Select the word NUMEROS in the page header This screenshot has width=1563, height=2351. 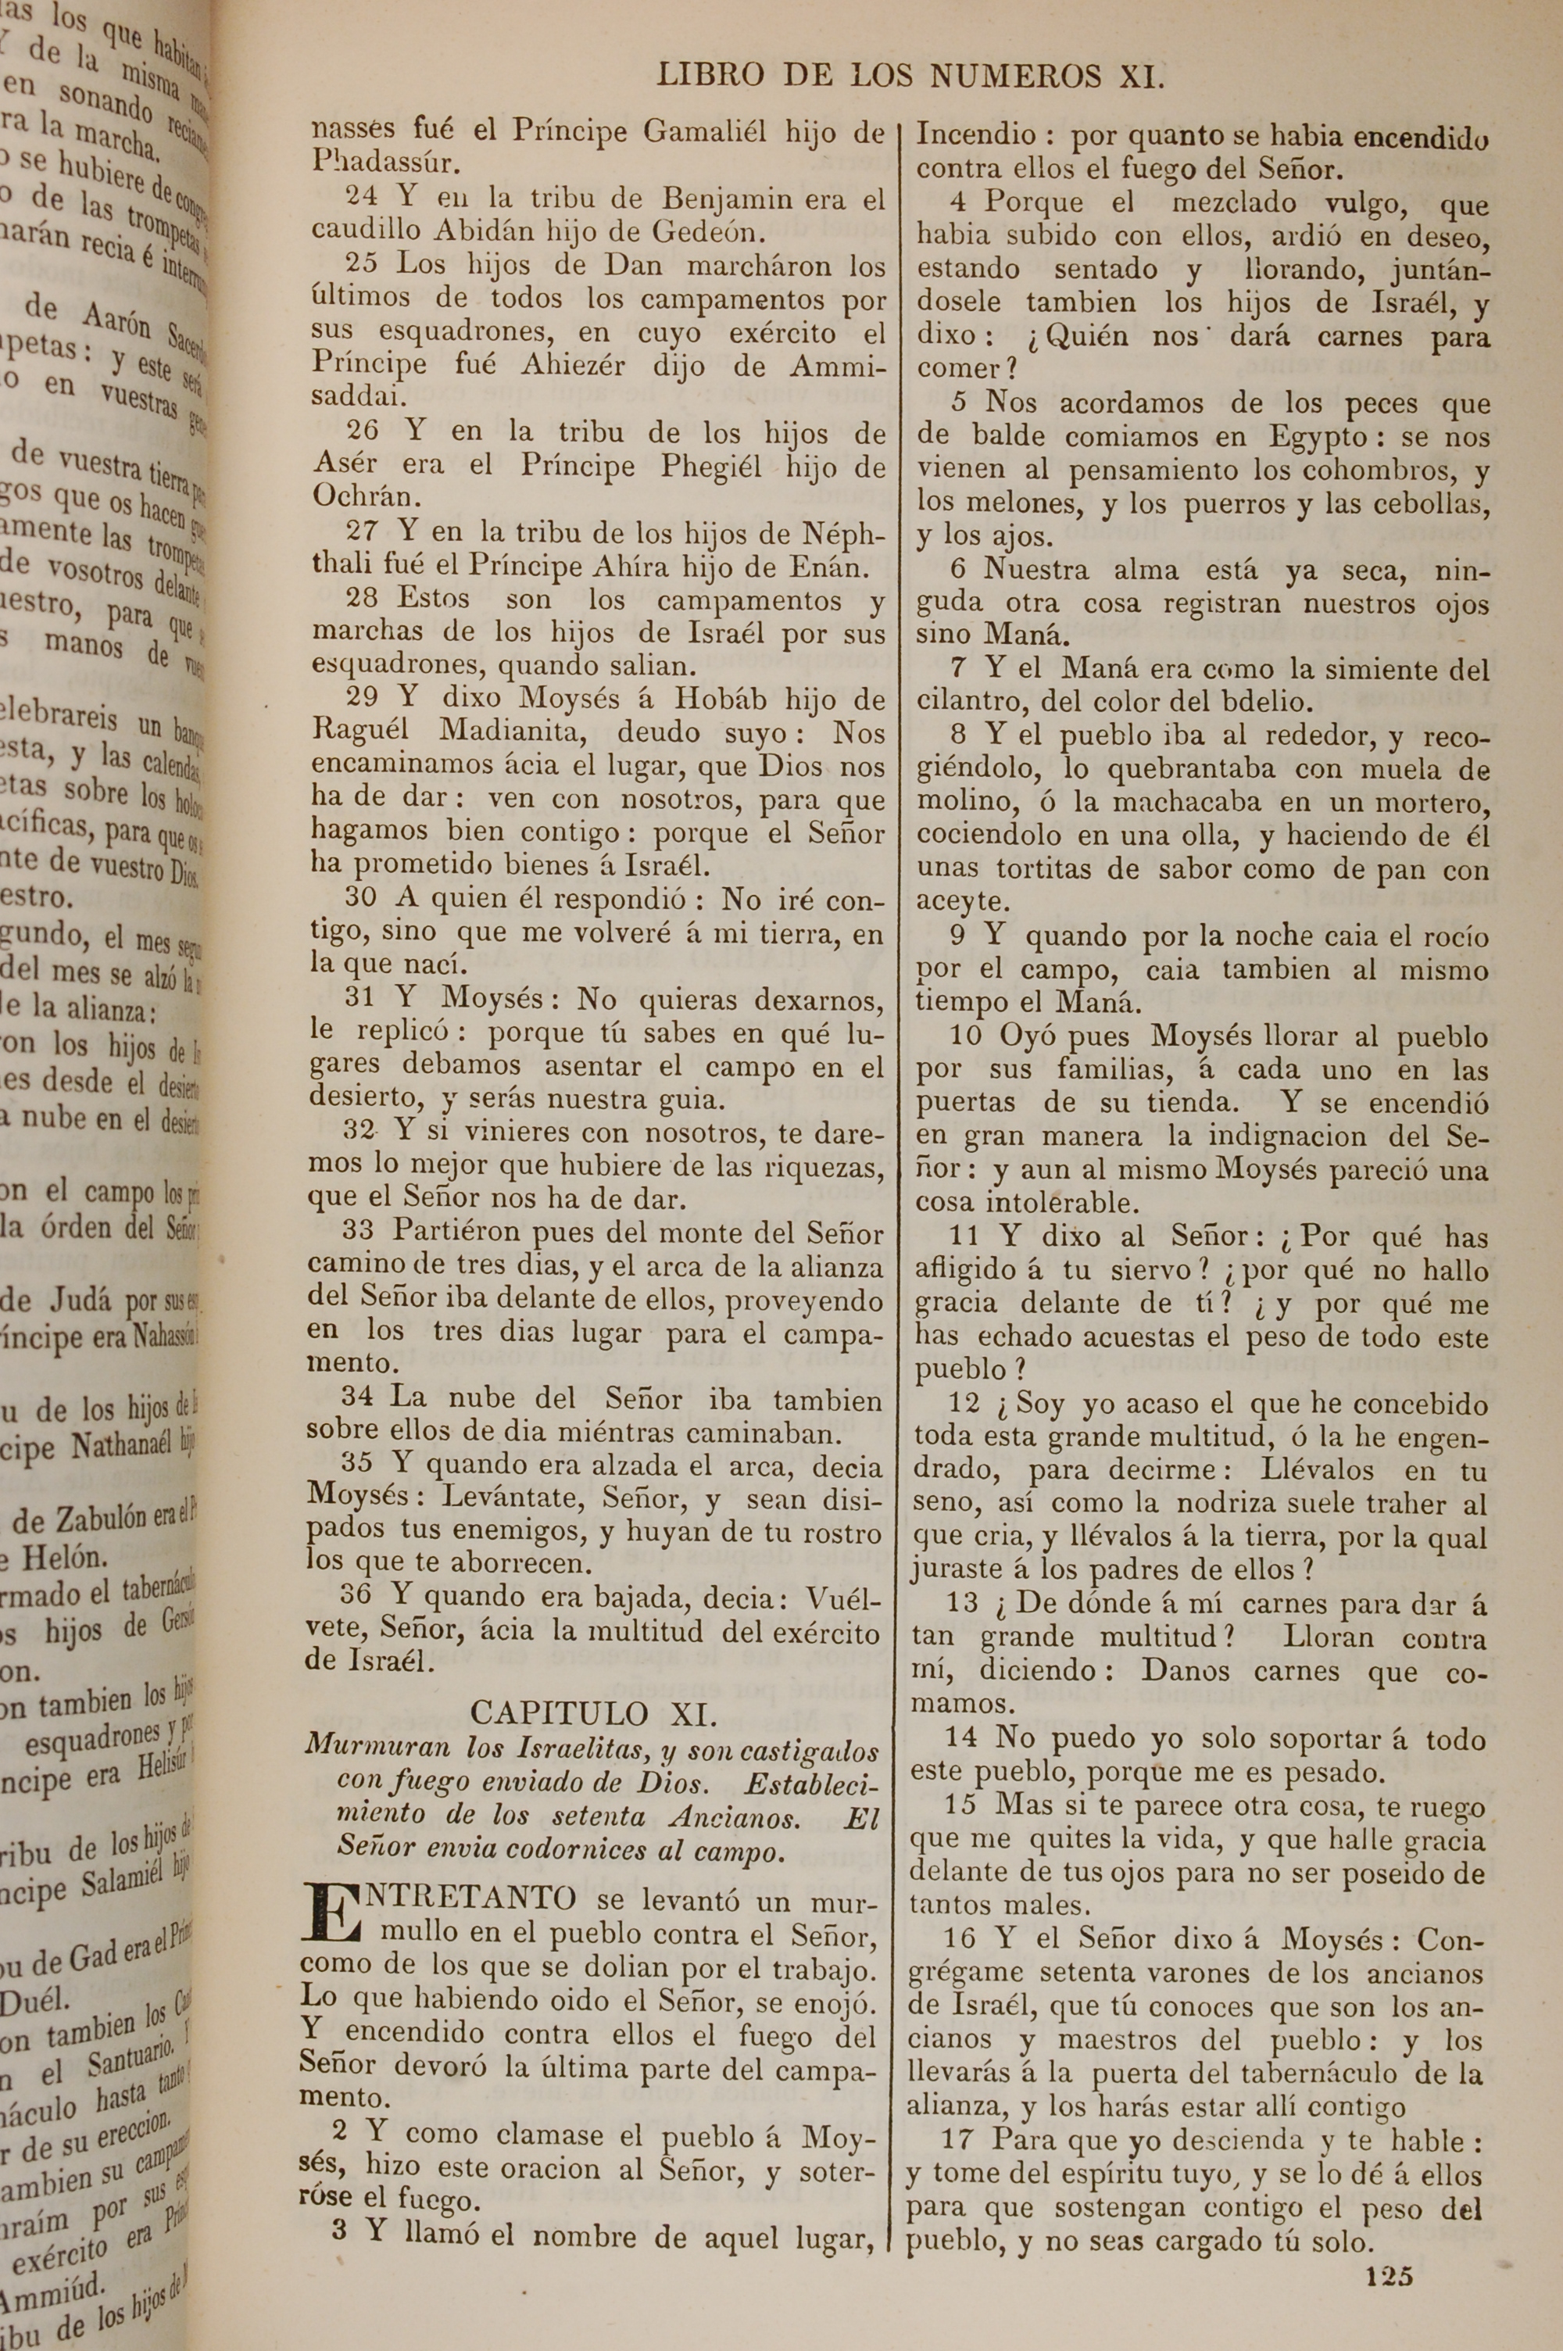click(1014, 76)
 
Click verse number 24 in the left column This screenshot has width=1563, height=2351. click(361, 199)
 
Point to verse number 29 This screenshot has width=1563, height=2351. click(361, 699)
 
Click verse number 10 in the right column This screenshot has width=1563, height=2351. click(966, 1036)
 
